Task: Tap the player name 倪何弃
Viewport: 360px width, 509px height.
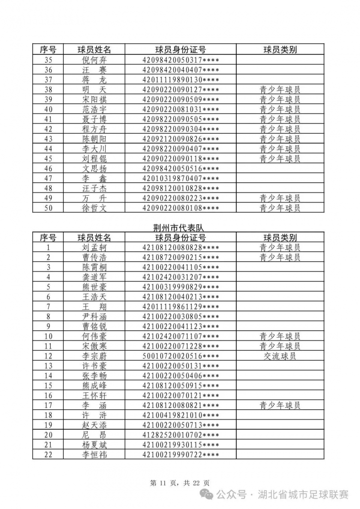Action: (94, 60)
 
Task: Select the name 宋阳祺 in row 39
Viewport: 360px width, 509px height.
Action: (94, 99)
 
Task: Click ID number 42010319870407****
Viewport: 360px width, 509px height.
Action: (180, 178)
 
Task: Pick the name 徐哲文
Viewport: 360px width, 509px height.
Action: (94, 208)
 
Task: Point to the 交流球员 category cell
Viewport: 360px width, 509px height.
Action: (280, 356)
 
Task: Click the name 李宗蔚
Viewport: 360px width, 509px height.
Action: (94, 356)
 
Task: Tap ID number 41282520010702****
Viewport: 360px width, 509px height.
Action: (180, 435)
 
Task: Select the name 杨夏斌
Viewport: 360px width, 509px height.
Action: (94, 445)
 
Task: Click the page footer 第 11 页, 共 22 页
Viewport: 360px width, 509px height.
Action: (180, 483)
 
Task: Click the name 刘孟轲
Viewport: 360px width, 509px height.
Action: (94, 247)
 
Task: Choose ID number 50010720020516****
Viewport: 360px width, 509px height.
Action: (180, 356)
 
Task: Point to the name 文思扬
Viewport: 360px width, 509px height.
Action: (94, 168)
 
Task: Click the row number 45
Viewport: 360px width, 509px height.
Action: (48, 158)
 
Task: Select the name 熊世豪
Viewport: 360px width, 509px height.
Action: (94, 287)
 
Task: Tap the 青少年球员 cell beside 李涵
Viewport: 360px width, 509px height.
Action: (280, 406)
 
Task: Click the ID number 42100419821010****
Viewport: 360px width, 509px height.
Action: (180, 415)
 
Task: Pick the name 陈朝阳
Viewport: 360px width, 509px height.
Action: (94, 139)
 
